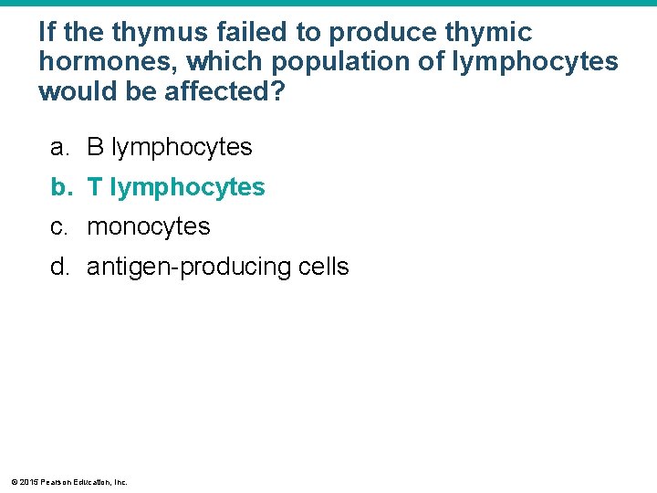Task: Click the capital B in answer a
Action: point(95,147)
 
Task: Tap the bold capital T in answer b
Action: point(94,187)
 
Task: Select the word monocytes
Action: point(148,227)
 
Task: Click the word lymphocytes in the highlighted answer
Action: point(187,187)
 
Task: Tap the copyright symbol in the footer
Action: point(13,482)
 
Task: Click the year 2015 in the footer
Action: point(26,482)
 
